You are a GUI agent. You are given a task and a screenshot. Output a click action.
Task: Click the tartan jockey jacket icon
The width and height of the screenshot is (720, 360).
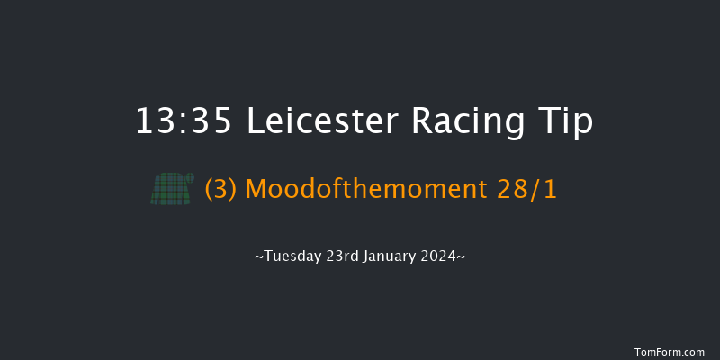(x=167, y=190)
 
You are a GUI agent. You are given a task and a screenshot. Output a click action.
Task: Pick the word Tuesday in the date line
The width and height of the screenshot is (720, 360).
(x=289, y=256)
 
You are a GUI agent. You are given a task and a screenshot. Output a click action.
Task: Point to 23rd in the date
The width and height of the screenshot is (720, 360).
(x=339, y=256)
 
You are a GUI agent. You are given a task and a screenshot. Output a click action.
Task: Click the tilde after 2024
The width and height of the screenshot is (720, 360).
(x=462, y=256)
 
